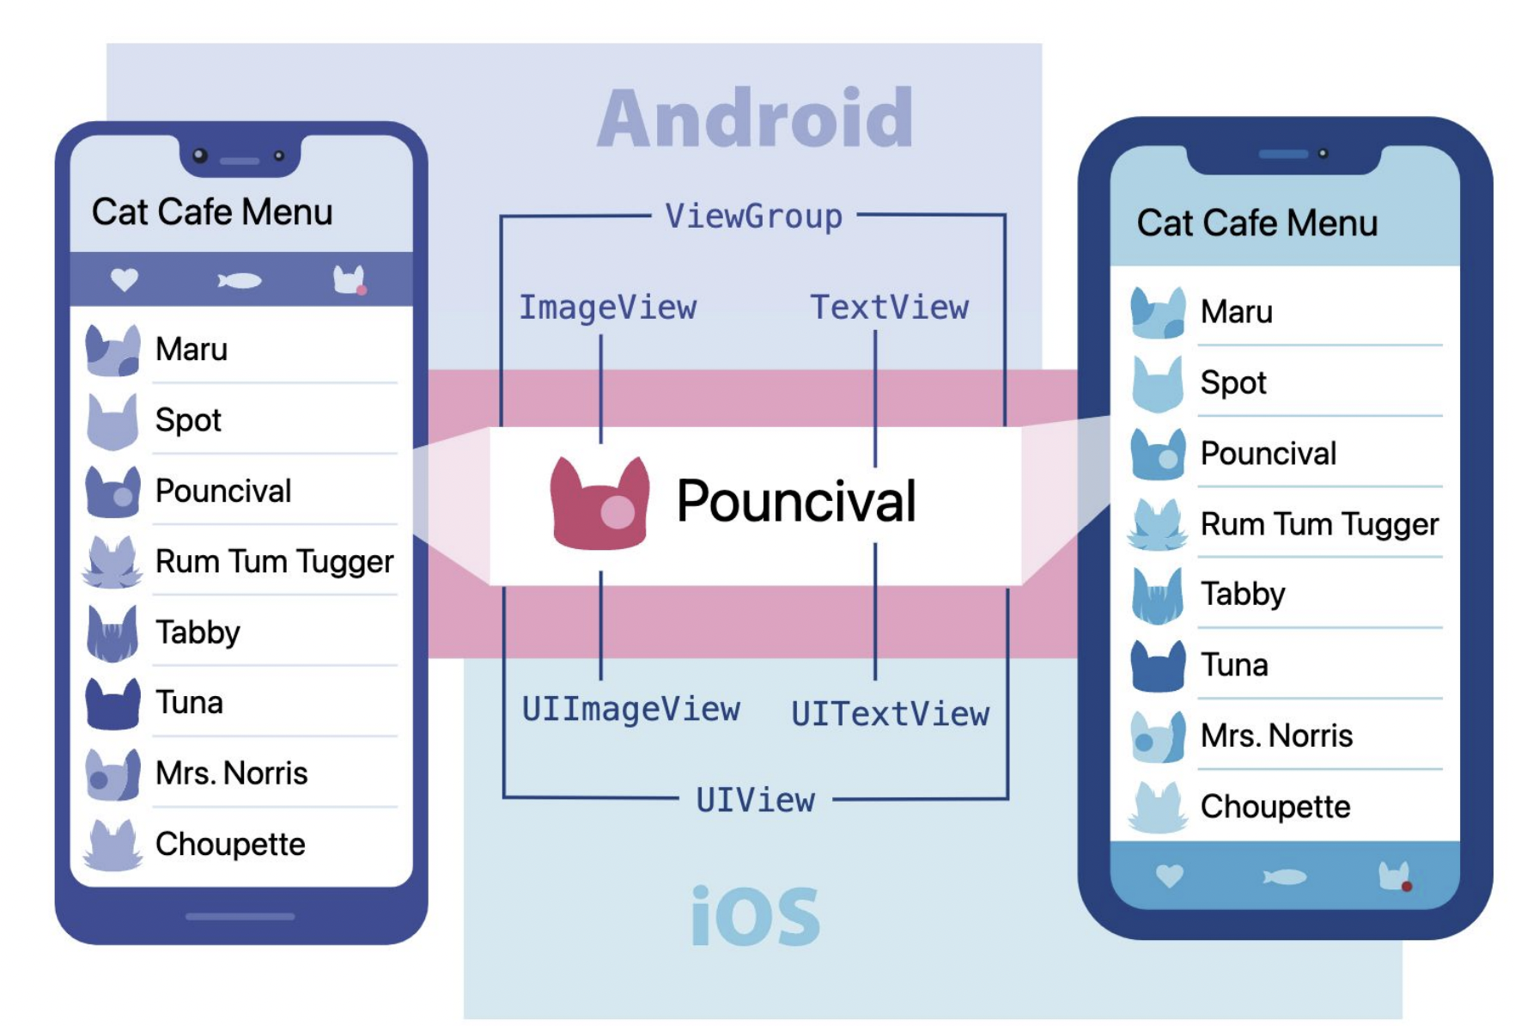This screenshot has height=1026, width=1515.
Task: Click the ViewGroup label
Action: coord(753,217)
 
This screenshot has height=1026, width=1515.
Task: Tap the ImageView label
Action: coord(607,308)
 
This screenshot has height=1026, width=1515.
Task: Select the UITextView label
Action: coord(890,714)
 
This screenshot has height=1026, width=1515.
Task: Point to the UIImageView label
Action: coord(630,709)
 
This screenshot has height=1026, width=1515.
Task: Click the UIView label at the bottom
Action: coord(755,800)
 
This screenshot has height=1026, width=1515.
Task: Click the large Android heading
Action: coord(755,119)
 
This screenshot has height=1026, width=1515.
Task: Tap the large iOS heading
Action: coord(755,917)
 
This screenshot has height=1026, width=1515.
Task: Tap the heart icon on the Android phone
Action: coord(125,279)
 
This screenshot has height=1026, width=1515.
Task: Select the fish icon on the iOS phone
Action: coord(1285,876)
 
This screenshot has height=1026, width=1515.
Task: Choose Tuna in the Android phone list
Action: coord(189,703)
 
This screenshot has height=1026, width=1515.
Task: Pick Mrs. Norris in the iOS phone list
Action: coord(1276,736)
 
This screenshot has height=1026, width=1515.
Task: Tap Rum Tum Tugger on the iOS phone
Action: coord(1319,524)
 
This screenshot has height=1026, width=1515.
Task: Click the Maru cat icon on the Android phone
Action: coord(113,351)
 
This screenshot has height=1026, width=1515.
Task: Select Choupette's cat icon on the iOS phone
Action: coord(1158,808)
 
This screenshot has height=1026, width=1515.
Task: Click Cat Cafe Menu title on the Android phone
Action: coord(212,212)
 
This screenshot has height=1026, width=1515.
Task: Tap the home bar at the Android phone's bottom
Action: coord(240,917)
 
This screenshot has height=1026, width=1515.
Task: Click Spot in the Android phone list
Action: coord(188,420)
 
